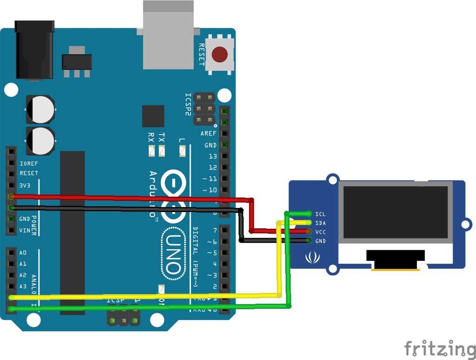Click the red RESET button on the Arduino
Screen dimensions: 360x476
click(x=220, y=55)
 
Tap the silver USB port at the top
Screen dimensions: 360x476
click(x=168, y=35)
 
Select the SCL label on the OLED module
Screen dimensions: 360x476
click(x=320, y=214)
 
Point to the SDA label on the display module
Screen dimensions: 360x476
click(x=320, y=223)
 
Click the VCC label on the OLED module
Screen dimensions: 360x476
click(x=320, y=232)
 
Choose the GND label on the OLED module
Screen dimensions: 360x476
click(x=320, y=241)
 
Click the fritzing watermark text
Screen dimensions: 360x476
click(x=439, y=348)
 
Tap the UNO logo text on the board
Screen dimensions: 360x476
click(x=172, y=253)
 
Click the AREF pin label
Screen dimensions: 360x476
click(x=208, y=133)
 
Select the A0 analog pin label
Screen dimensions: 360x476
click(x=23, y=253)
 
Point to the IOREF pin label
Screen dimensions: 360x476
click(x=29, y=164)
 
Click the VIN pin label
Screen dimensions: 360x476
click(x=24, y=230)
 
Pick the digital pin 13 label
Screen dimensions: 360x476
click(x=212, y=156)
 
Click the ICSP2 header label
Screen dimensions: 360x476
click(x=188, y=105)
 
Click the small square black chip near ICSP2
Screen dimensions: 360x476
click(x=153, y=116)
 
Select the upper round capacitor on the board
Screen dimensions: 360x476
click(x=40, y=109)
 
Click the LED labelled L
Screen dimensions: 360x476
click(x=182, y=150)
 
